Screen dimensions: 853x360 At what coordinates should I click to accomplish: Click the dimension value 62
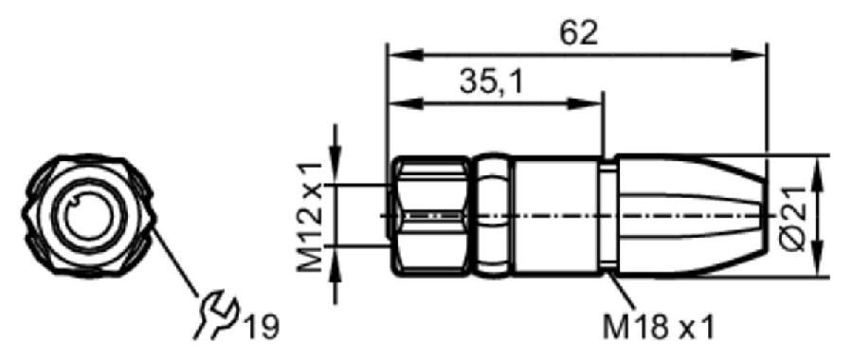tap(579, 34)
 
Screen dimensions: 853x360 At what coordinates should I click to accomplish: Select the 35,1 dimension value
tap(491, 82)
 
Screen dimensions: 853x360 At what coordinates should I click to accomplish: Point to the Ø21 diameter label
tap(795, 218)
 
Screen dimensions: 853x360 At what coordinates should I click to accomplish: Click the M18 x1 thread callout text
tap(658, 328)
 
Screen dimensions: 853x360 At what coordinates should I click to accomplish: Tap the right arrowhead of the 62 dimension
tap(749, 55)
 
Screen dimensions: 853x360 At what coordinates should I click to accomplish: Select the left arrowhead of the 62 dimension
tap(404, 55)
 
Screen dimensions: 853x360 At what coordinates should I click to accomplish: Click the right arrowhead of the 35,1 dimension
tap(586, 103)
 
